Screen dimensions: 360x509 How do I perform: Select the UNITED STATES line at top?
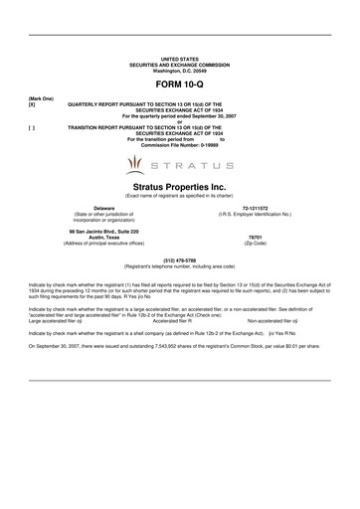pos(179,61)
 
